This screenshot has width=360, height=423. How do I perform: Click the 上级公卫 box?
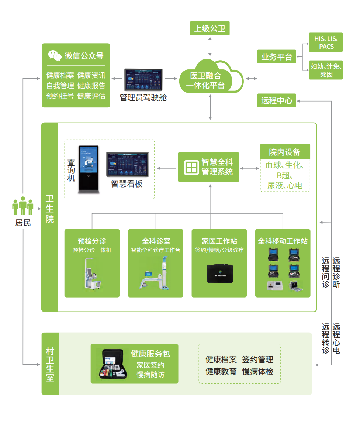pyautogui.click(x=210, y=28)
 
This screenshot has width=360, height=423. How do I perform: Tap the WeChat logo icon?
pyautogui.click(x=55, y=55)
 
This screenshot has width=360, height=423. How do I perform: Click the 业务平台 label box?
pyautogui.click(x=276, y=57)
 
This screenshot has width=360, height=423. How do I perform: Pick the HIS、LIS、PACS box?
pyautogui.click(x=326, y=42)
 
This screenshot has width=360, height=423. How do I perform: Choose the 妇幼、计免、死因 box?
pyautogui.click(x=326, y=70)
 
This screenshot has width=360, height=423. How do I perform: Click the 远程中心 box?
pyautogui.click(x=277, y=100)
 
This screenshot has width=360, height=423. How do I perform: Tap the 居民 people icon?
pyautogui.click(x=23, y=206)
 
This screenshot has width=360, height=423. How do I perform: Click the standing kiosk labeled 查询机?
pyautogui.click(x=89, y=169)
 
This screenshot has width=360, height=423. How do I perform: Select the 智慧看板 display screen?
pyautogui.click(x=128, y=165)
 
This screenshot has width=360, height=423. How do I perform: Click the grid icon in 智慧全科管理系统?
pyautogui.click(x=191, y=167)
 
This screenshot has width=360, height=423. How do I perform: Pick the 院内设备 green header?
pyautogui.click(x=285, y=152)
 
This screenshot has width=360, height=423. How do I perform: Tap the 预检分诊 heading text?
pyautogui.click(x=92, y=241)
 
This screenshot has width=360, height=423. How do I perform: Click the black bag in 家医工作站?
pyautogui.click(x=220, y=274)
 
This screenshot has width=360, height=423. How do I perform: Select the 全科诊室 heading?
pyautogui.click(x=156, y=241)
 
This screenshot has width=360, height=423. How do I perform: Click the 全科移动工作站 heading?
pyautogui.click(x=283, y=241)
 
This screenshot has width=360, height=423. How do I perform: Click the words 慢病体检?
pyautogui.click(x=258, y=371)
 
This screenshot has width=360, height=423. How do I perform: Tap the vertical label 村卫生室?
pyautogui.click(x=50, y=364)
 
